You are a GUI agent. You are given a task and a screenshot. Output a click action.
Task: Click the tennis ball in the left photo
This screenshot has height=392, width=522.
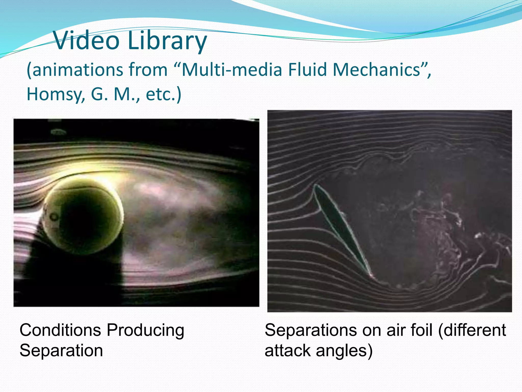coord(83,216)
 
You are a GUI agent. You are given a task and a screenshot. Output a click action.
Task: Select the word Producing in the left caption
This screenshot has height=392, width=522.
coord(145,330)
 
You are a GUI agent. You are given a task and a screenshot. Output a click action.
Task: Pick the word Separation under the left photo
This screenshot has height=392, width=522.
coord(61,350)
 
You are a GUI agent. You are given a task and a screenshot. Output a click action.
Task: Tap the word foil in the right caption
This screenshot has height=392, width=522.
coord(422,330)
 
